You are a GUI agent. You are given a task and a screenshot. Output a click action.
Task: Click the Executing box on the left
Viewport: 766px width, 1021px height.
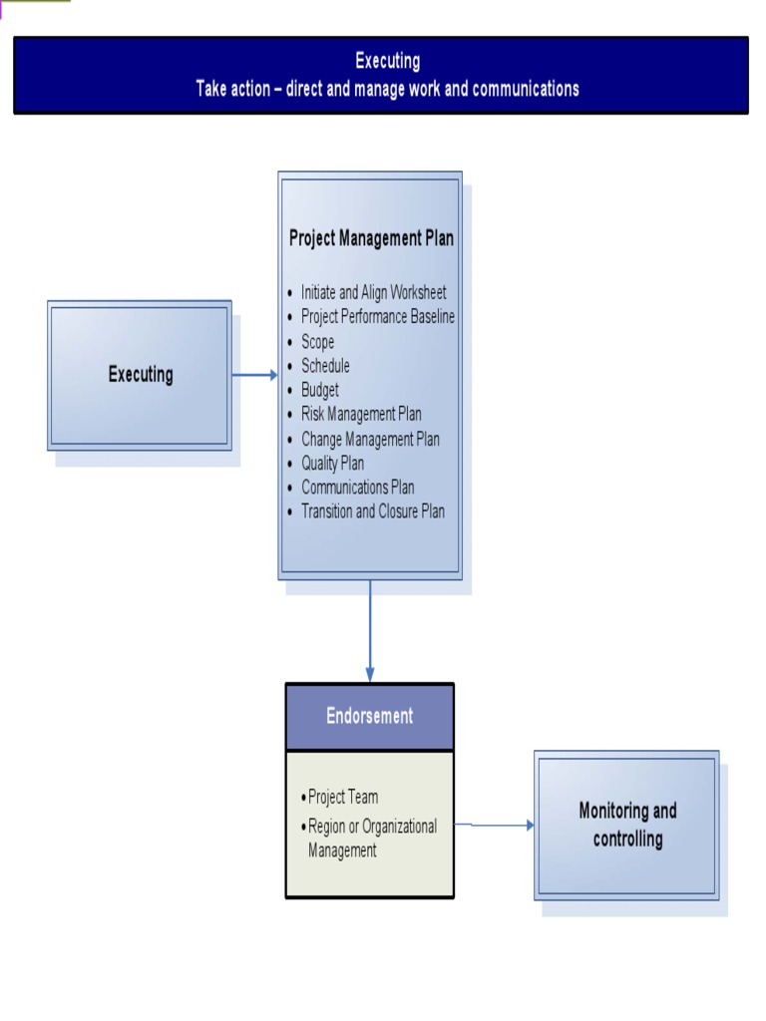tap(140, 375)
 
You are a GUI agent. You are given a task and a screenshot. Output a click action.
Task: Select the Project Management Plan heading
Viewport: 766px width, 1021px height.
tap(371, 238)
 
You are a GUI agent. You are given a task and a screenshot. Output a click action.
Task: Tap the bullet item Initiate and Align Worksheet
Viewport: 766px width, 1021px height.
tap(373, 292)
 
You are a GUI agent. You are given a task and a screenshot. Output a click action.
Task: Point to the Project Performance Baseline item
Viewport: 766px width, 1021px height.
tap(377, 316)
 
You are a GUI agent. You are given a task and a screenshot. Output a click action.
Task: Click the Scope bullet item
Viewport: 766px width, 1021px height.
tap(317, 341)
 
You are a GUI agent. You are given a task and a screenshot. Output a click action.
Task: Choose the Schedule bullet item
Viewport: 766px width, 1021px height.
tap(325, 366)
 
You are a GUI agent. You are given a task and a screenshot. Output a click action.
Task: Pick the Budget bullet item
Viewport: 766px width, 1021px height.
tap(319, 390)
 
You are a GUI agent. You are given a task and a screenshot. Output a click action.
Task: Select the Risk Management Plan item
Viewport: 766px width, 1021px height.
tap(361, 414)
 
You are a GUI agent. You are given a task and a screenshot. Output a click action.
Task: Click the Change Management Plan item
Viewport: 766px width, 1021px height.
tap(370, 439)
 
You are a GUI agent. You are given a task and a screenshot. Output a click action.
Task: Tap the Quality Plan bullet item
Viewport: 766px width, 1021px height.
tap(332, 463)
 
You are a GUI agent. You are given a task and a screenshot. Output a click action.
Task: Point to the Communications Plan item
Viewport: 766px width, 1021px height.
tap(357, 487)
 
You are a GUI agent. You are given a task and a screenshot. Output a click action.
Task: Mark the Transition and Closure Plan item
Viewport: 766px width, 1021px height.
tap(372, 510)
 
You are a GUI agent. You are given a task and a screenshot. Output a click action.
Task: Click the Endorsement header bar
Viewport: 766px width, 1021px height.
tap(370, 716)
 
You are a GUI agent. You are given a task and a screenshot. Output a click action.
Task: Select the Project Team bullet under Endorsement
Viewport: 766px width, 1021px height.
tap(342, 797)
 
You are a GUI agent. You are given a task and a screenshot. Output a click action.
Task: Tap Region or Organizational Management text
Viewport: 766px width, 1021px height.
tap(371, 839)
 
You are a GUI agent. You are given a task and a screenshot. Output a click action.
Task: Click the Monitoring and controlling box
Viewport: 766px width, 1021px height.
tap(627, 825)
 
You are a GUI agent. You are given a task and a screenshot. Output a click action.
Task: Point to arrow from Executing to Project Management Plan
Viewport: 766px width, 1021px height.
tap(254, 375)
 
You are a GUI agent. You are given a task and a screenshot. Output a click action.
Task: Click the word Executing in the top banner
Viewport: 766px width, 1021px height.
tap(387, 62)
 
